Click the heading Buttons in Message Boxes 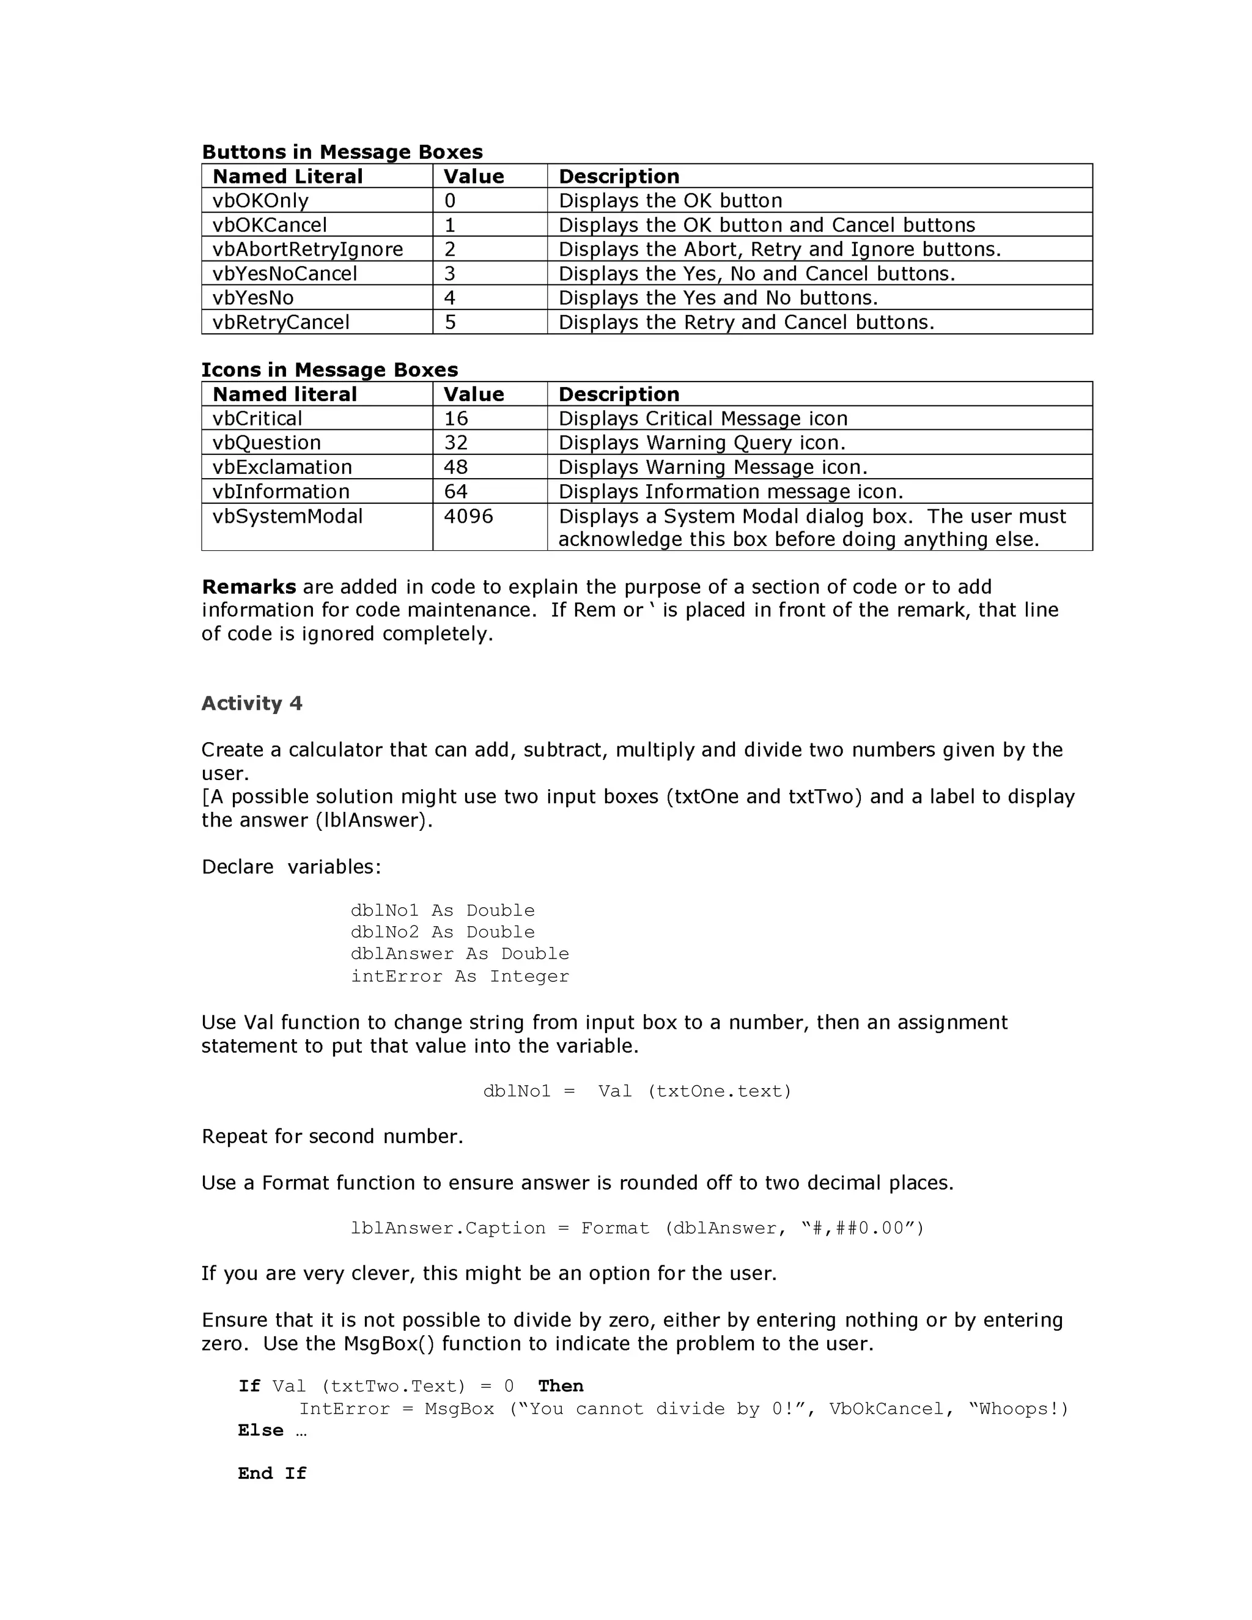point(342,152)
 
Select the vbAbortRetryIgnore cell point(308,249)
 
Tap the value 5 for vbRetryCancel point(450,322)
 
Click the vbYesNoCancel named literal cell point(285,274)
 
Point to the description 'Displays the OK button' point(670,201)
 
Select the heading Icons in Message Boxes point(330,369)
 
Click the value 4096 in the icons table point(468,517)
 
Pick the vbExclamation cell point(282,467)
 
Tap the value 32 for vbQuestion point(455,443)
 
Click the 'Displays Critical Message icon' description point(702,418)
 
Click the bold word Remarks point(248,587)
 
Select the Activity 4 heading point(251,703)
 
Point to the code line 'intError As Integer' point(460,976)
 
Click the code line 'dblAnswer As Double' point(460,954)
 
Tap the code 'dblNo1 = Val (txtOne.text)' point(637,1091)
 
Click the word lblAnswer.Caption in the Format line point(448,1228)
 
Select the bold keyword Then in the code point(561,1386)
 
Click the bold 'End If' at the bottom point(272,1473)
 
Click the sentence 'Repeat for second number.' point(333,1136)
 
